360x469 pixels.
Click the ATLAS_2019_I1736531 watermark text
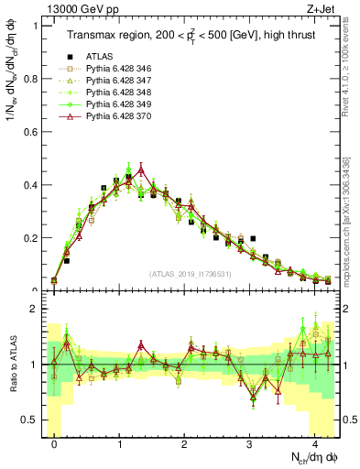[191, 273]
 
